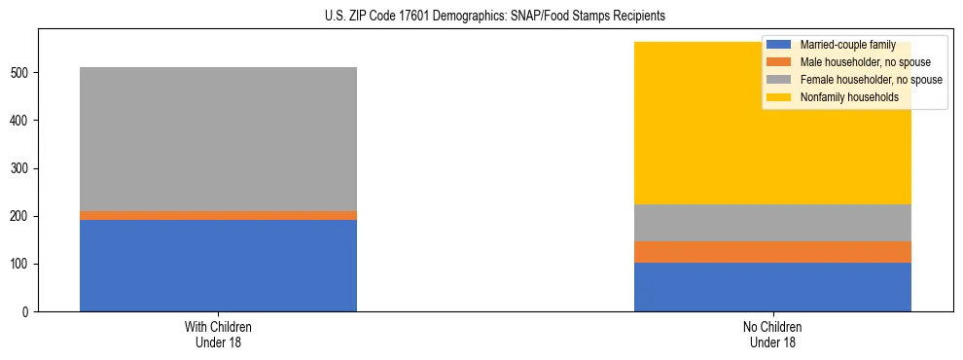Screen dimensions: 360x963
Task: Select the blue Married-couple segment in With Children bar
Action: click(x=218, y=266)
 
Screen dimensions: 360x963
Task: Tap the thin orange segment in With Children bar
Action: click(x=218, y=215)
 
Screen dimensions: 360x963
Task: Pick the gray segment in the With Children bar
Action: click(x=218, y=139)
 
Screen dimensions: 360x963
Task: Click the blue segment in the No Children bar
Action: click(x=772, y=287)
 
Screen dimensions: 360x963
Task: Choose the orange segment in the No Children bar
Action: click(x=772, y=252)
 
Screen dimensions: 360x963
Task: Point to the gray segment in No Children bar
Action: click(x=772, y=223)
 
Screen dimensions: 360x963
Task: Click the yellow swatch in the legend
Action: click(x=779, y=97)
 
